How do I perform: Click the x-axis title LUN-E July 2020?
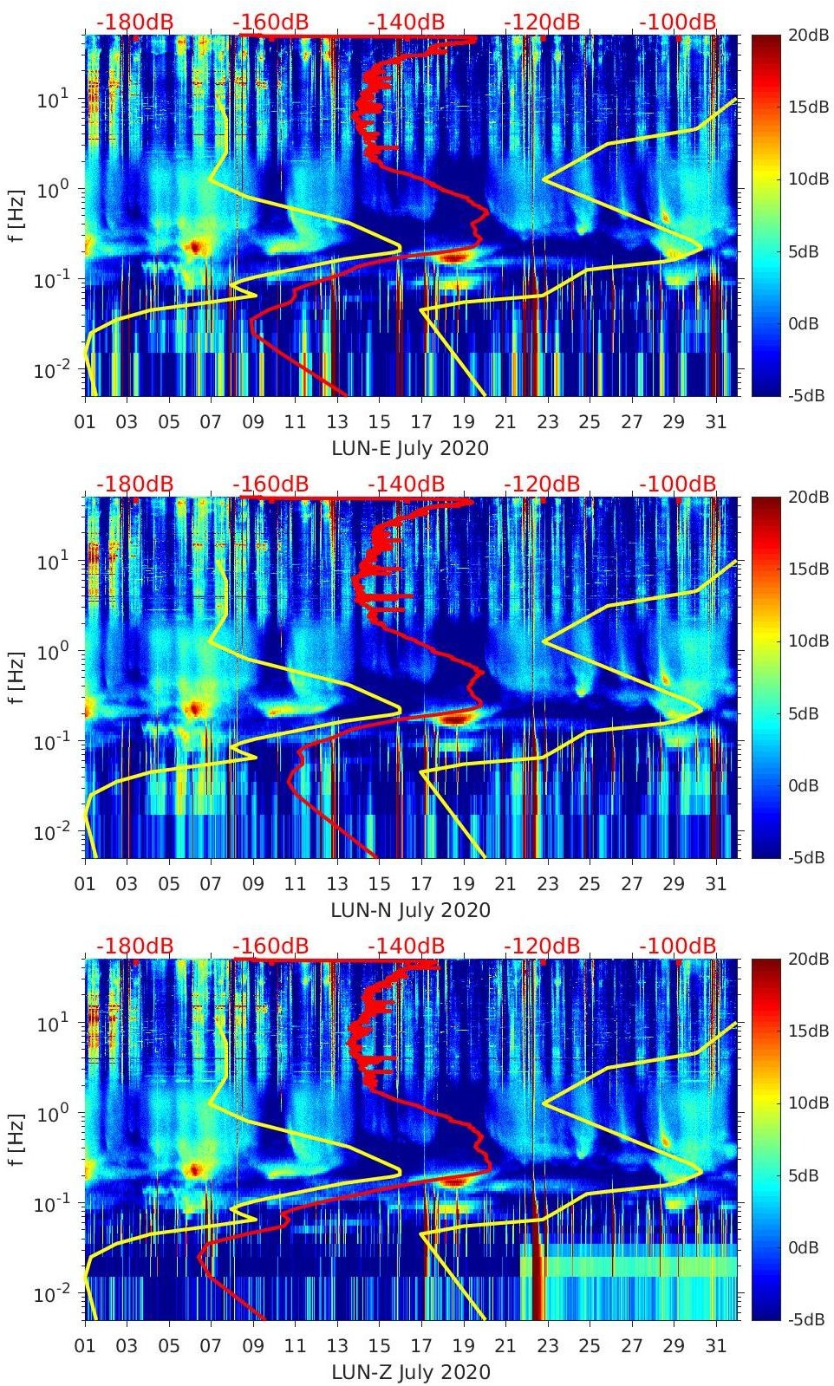coord(410,448)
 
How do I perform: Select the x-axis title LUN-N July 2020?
coord(410,910)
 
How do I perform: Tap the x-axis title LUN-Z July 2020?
coord(410,1372)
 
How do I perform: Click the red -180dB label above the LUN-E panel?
coord(135,22)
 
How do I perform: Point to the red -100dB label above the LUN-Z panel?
coord(678,946)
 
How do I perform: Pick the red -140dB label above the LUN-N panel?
coord(407,484)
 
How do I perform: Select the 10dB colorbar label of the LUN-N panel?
coord(809,641)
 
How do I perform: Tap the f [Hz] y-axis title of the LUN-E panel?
coord(19,215)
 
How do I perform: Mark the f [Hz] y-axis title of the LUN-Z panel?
coord(19,1139)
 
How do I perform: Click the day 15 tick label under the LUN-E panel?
coord(379,422)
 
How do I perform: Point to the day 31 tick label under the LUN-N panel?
coord(715,884)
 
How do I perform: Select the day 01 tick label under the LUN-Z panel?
coord(86,1346)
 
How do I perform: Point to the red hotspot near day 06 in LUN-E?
coord(195,247)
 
